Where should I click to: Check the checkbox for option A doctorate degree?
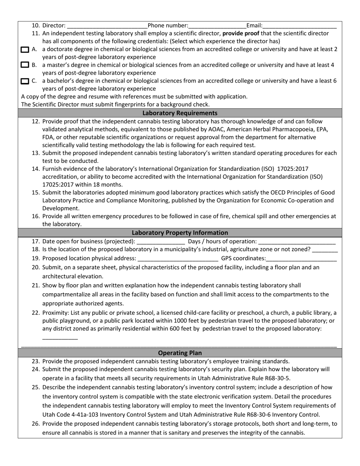click(25, 49)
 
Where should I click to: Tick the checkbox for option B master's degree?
click(25, 65)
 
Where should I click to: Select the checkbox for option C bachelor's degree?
click(25, 81)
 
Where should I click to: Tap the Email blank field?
click(299, 26)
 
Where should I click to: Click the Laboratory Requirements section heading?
click(180, 113)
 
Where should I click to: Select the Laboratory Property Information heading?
click(180, 233)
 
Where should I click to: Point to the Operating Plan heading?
click(180, 353)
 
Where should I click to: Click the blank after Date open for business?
click(160, 241)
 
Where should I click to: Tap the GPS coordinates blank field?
click(301, 258)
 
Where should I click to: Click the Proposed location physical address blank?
click(178, 258)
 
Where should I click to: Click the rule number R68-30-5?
click(277, 378)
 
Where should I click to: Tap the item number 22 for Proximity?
click(36, 313)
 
